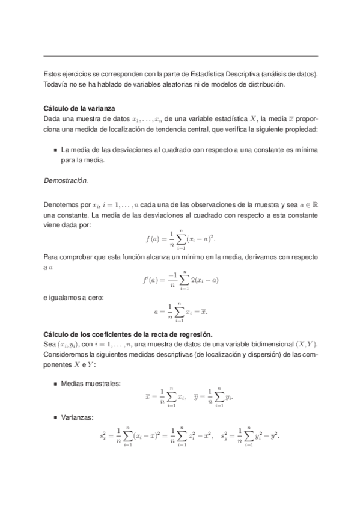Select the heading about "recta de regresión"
pos(129,334)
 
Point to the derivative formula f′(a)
pos(180,280)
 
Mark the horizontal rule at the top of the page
pos(180,56)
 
